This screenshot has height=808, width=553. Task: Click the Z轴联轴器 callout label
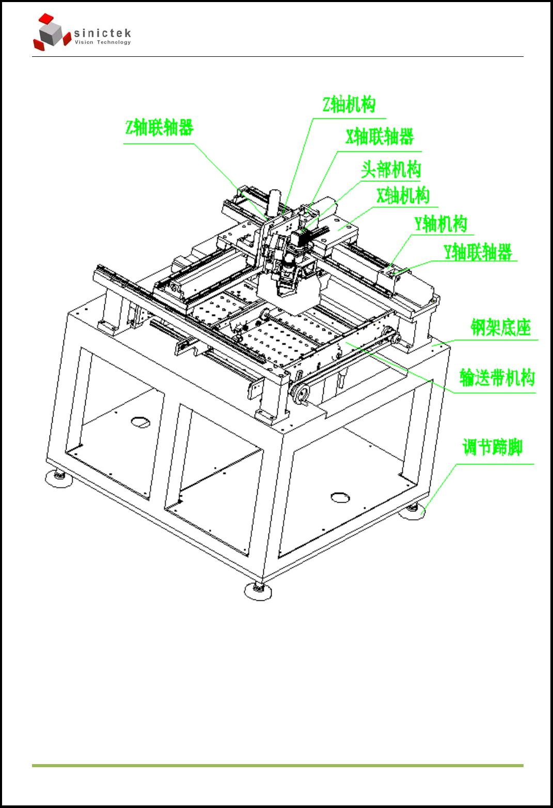pyautogui.click(x=159, y=128)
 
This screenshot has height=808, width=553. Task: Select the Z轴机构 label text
pyautogui.click(x=349, y=105)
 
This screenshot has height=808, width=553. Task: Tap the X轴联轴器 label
pyautogui.click(x=380, y=137)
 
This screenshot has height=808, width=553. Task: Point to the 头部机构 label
pyautogui.click(x=391, y=169)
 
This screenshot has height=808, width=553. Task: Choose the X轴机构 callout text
pyautogui.click(x=403, y=196)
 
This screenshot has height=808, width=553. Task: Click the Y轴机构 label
pyautogui.click(x=440, y=224)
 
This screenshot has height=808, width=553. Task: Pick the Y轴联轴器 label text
pyautogui.click(x=478, y=252)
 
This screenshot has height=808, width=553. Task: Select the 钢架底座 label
pyautogui.click(x=500, y=328)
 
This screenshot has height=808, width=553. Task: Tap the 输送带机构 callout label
pyautogui.click(x=497, y=378)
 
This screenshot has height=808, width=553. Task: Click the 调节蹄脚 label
pyautogui.click(x=492, y=447)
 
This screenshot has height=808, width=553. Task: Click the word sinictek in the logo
pyautogui.click(x=102, y=34)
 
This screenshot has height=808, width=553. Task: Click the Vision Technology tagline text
pyautogui.click(x=102, y=42)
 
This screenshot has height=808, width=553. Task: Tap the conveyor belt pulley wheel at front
pyautogui.click(x=300, y=394)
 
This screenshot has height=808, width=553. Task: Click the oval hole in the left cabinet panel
pyautogui.click(x=140, y=422)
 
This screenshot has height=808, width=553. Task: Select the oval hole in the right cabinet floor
pyautogui.click(x=340, y=498)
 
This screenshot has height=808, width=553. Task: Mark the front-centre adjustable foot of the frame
pyautogui.click(x=258, y=591)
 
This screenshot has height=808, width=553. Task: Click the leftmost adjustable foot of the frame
pyautogui.click(x=58, y=478)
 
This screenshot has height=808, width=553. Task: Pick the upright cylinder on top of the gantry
pyautogui.click(x=274, y=202)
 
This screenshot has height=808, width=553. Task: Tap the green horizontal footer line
pyautogui.click(x=277, y=765)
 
